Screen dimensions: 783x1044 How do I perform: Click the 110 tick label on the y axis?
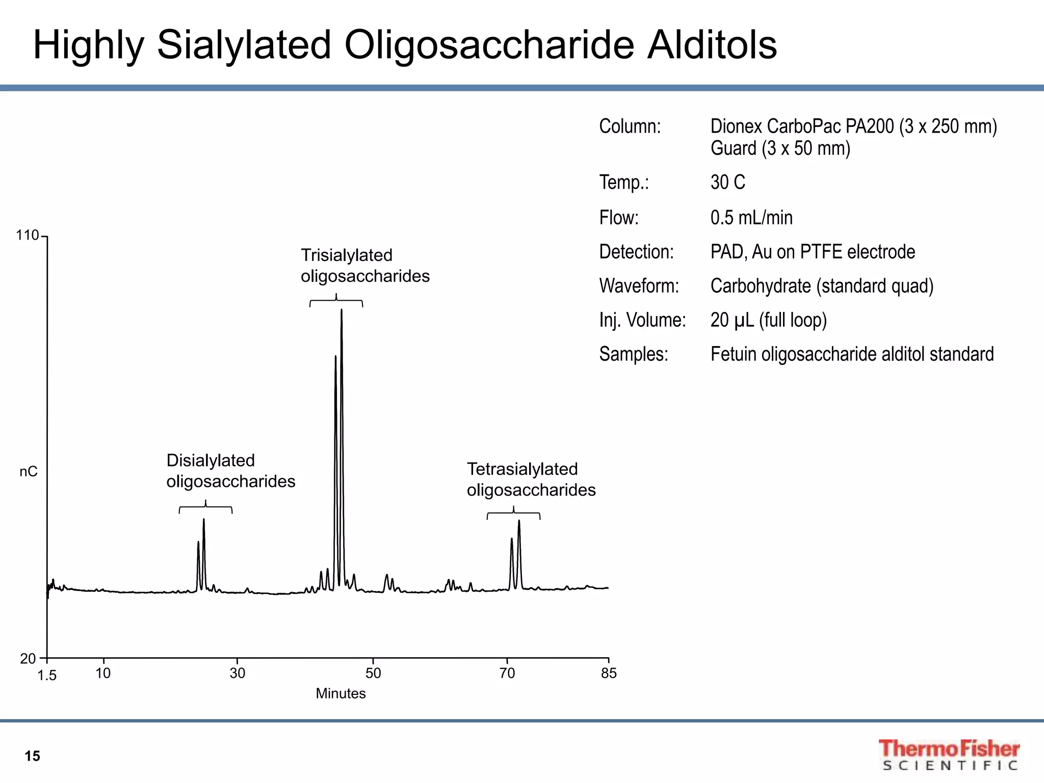[27, 236]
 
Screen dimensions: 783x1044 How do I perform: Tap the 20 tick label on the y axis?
[28, 659]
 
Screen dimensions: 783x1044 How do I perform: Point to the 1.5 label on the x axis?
[47, 675]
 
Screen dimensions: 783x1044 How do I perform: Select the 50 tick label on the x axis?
[373, 673]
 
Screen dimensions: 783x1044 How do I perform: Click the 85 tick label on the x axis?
[609, 673]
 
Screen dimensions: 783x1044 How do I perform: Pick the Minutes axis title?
[341, 693]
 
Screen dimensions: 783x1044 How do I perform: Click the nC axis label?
[29, 472]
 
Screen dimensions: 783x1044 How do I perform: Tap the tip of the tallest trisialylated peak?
[342, 310]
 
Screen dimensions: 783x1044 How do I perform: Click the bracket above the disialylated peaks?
[205, 508]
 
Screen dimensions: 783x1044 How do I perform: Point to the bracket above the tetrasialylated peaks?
[513, 513]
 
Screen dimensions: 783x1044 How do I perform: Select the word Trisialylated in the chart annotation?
[347, 255]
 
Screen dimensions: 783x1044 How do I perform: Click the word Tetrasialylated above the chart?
[522, 469]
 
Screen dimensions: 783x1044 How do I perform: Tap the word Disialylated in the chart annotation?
[211, 460]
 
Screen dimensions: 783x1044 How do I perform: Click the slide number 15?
[32, 756]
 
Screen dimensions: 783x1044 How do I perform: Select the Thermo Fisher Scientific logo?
[948, 754]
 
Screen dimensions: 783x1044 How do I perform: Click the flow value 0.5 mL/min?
[751, 218]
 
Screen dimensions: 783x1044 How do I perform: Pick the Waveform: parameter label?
[639, 286]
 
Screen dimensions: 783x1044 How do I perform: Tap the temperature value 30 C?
[727, 182]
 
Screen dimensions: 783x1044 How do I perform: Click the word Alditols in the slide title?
[712, 45]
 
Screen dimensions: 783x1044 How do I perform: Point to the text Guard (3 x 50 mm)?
[780, 148]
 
